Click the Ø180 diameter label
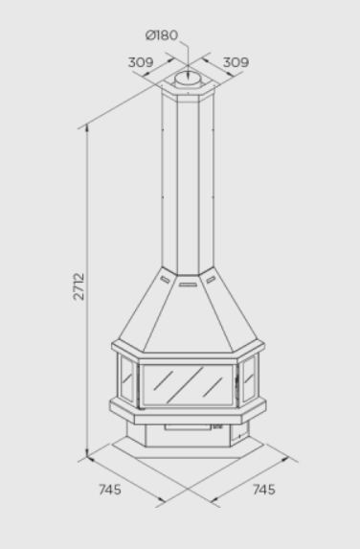tap(162, 35)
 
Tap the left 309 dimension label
tap(141, 62)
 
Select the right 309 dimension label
tap(236, 62)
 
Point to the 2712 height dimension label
tap(79, 286)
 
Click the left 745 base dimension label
tap(110, 490)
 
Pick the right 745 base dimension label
tap(264, 490)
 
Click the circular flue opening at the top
tap(188, 78)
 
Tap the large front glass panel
tap(188, 385)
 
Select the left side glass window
tap(126, 378)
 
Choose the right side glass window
tap(249, 378)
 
